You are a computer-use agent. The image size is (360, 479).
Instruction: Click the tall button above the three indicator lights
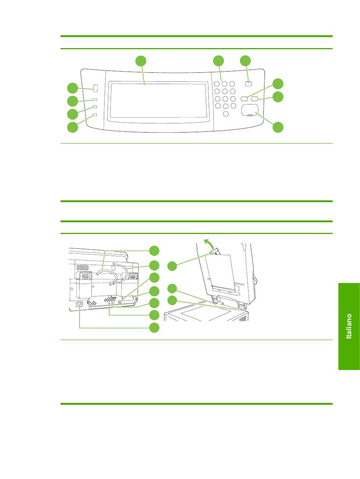click(95, 88)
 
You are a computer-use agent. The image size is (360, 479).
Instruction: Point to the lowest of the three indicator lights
click(95, 115)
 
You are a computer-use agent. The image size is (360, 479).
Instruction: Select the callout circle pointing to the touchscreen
click(141, 61)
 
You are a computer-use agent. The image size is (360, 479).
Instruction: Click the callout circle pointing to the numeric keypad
click(218, 61)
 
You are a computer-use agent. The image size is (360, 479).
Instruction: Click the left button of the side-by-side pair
click(244, 98)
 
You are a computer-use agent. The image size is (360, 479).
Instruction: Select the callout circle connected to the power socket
click(154, 328)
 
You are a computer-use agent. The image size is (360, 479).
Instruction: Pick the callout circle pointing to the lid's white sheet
click(172, 266)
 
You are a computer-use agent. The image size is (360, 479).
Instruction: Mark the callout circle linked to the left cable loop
click(154, 250)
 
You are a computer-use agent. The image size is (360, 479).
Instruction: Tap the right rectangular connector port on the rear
click(133, 276)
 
